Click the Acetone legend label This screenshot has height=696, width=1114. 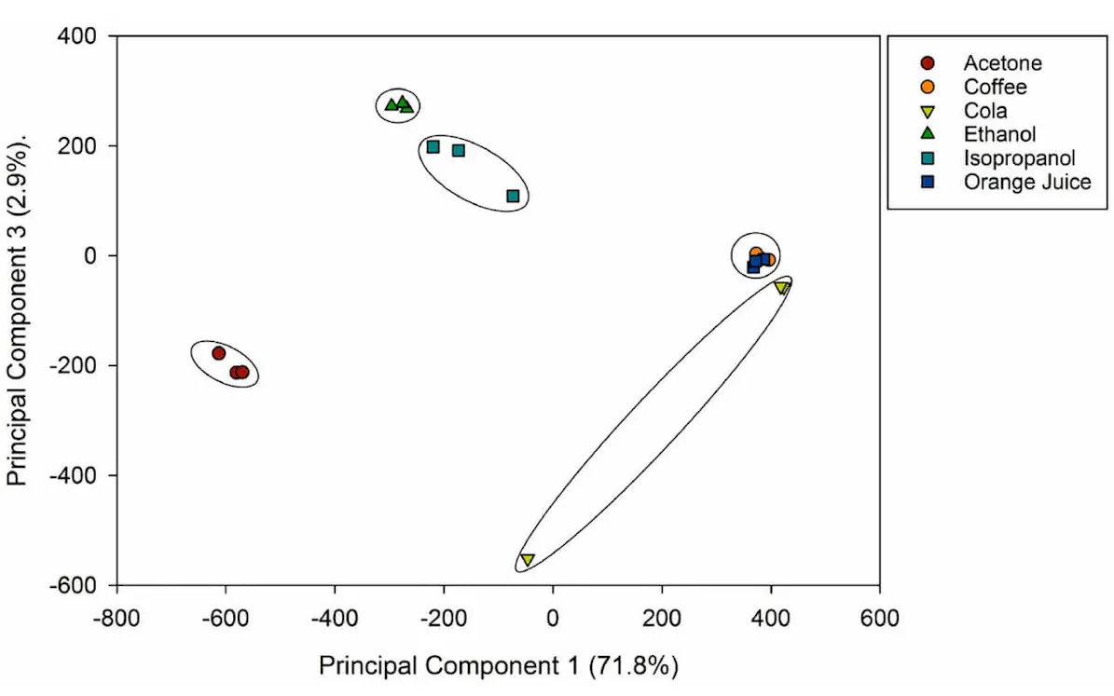click(x=1002, y=63)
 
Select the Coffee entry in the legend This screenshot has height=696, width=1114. click(x=995, y=87)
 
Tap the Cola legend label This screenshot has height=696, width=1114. click(x=985, y=111)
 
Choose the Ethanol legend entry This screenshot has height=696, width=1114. click(x=999, y=134)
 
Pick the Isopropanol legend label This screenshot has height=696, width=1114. click(x=1019, y=158)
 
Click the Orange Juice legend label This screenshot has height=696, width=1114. click(x=1026, y=182)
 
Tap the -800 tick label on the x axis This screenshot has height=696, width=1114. click(x=117, y=618)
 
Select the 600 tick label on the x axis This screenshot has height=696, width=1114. click(x=879, y=618)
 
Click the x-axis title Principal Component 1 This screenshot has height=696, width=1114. click(x=498, y=666)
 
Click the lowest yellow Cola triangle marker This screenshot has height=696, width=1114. click(x=527, y=559)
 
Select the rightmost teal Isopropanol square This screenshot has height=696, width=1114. click(x=513, y=196)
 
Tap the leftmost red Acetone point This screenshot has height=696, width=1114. click(x=219, y=353)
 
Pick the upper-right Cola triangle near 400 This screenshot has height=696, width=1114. click(x=781, y=288)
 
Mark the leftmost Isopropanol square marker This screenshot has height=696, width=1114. click(x=433, y=147)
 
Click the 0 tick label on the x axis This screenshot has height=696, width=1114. click(x=553, y=618)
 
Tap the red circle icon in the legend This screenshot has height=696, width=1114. click(x=927, y=63)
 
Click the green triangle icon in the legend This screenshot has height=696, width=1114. click(x=927, y=134)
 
